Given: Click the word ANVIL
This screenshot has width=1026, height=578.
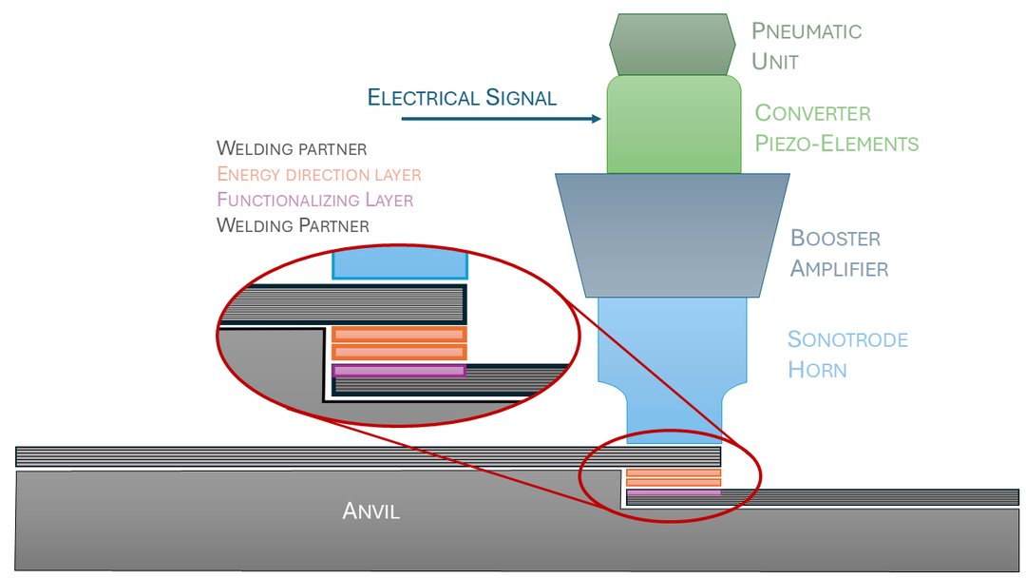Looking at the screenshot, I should [x=370, y=511].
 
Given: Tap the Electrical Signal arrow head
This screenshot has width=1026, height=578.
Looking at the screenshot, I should [x=598, y=119].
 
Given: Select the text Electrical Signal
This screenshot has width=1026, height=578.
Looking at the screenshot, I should [x=462, y=97].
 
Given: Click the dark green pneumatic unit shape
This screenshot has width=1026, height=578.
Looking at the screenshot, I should [x=674, y=44].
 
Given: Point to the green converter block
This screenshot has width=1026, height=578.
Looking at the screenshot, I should [x=674, y=125].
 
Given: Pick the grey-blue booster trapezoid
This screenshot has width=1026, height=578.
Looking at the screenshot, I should [x=673, y=234].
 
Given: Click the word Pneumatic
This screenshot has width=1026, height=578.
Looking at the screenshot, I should [x=807, y=30].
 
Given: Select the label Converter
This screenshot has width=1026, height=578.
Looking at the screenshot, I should [x=812, y=113].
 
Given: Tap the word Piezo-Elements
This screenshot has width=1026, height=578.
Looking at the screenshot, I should [x=836, y=144].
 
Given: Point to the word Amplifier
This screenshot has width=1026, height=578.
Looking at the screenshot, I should [x=840, y=269].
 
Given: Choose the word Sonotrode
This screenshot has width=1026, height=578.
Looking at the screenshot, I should [x=848, y=339].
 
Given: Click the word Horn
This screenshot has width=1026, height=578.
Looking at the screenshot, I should [x=817, y=369].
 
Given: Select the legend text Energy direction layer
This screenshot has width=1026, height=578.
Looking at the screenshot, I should [x=318, y=175].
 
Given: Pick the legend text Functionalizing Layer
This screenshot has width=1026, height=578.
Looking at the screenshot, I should [x=314, y=201].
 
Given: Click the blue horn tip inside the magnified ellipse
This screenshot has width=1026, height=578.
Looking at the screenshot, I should [x=399, y=264].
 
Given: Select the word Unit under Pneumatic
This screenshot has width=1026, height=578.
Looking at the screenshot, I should [x=775, y=61].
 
